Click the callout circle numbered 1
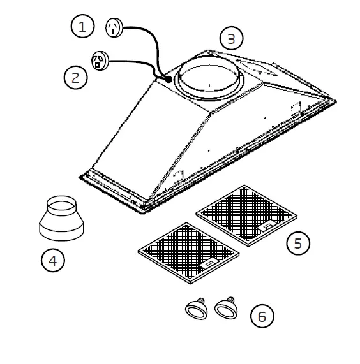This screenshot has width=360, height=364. click(x=82, y=27)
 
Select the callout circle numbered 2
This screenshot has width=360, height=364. click(x=75, y=78)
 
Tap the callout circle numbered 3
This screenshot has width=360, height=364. click(x=231, y=39)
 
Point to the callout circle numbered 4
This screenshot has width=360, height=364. click(x=53, y=260)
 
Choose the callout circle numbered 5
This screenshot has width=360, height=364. click(x=298, y=243)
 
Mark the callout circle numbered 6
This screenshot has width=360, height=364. click(x=262, y=316)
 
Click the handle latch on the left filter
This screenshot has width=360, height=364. click(x=208, y=263)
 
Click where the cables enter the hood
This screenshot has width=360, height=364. click(x=167, y=79)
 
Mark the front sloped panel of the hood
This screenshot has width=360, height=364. click(x=153, y=147)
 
